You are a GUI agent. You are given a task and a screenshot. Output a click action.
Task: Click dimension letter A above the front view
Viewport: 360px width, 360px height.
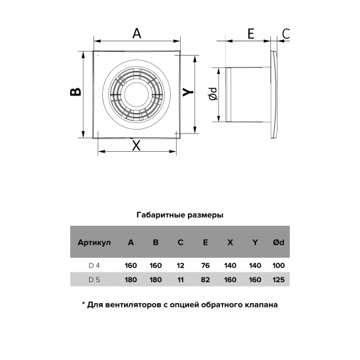(x=136, y=34)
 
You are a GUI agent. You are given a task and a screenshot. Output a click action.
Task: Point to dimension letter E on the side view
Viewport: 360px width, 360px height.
(x=250, y=34)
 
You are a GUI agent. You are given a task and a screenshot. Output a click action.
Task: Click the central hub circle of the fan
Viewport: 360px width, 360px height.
(x=137, y=92)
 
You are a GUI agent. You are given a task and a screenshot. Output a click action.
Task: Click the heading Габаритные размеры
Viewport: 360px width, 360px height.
(x=180, y=215)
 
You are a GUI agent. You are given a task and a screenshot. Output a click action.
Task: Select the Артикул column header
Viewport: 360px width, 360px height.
(x=94, y=243)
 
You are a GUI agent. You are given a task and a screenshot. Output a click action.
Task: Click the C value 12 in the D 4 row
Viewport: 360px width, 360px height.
(x=180, y=266)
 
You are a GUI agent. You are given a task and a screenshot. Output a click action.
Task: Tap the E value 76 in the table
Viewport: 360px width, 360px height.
(x=205, y=266)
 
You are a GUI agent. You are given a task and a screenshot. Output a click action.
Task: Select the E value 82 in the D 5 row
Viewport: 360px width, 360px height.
(x=205, y=280)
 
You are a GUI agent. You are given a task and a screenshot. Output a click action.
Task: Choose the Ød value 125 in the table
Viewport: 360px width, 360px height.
(x=278, y=280)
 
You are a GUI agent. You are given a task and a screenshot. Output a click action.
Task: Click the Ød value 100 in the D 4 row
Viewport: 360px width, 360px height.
(x=278, y=266)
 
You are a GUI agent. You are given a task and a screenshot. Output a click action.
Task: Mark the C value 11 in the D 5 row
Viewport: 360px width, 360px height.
(x=180, y=280)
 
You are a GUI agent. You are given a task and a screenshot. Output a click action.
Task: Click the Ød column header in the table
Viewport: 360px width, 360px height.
(x=278, y=243)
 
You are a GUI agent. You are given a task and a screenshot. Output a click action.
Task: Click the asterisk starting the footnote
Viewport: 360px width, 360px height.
(x=84, y=304)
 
